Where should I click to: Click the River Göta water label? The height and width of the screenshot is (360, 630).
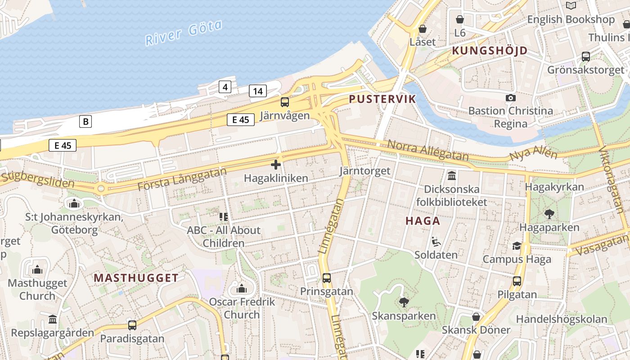(184, 32)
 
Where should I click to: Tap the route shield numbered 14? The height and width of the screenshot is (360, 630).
(257, 91)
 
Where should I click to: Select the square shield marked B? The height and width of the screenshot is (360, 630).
(85, 121)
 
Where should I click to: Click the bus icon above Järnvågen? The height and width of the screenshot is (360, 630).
(285, 102)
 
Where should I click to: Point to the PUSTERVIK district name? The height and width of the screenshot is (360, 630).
(382, 99)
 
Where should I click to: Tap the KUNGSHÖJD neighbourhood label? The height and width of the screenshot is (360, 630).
(490, 50)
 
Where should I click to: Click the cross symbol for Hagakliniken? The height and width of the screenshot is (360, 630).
(276, 165)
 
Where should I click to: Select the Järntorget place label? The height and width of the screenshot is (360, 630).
(364, 171)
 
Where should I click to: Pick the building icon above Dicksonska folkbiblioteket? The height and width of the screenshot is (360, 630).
(452, 175)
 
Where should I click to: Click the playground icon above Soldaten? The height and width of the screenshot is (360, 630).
(436, 242)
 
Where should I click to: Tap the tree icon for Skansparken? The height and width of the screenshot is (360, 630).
(404, 302)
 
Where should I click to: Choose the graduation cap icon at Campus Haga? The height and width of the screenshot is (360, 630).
(517, 246)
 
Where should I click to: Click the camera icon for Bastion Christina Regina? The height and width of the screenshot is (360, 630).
(510, 98)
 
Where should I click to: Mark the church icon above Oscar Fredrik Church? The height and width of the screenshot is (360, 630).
(242, 288)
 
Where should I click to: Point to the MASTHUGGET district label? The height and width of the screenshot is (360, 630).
(136, 278)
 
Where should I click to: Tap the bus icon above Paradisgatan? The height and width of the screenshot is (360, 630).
(132, 325)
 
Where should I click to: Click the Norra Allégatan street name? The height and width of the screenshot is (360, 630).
(427, 150)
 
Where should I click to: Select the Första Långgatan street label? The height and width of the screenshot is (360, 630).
(182, 179)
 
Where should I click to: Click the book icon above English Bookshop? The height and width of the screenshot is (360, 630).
(571, 6)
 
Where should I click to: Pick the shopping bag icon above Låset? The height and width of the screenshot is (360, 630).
(423, 29)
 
